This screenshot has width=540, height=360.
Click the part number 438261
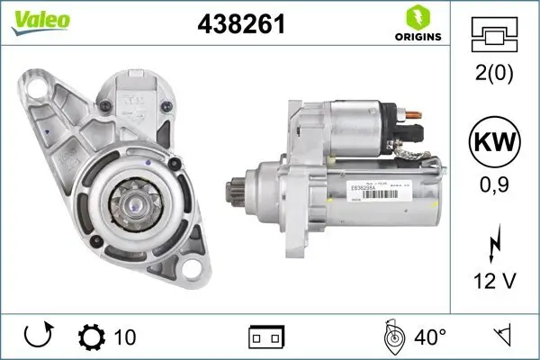(241, 24)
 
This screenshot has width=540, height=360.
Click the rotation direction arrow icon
(39, 337)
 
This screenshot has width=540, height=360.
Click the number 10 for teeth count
(126, 337)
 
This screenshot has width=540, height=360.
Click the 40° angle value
(430, 337)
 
